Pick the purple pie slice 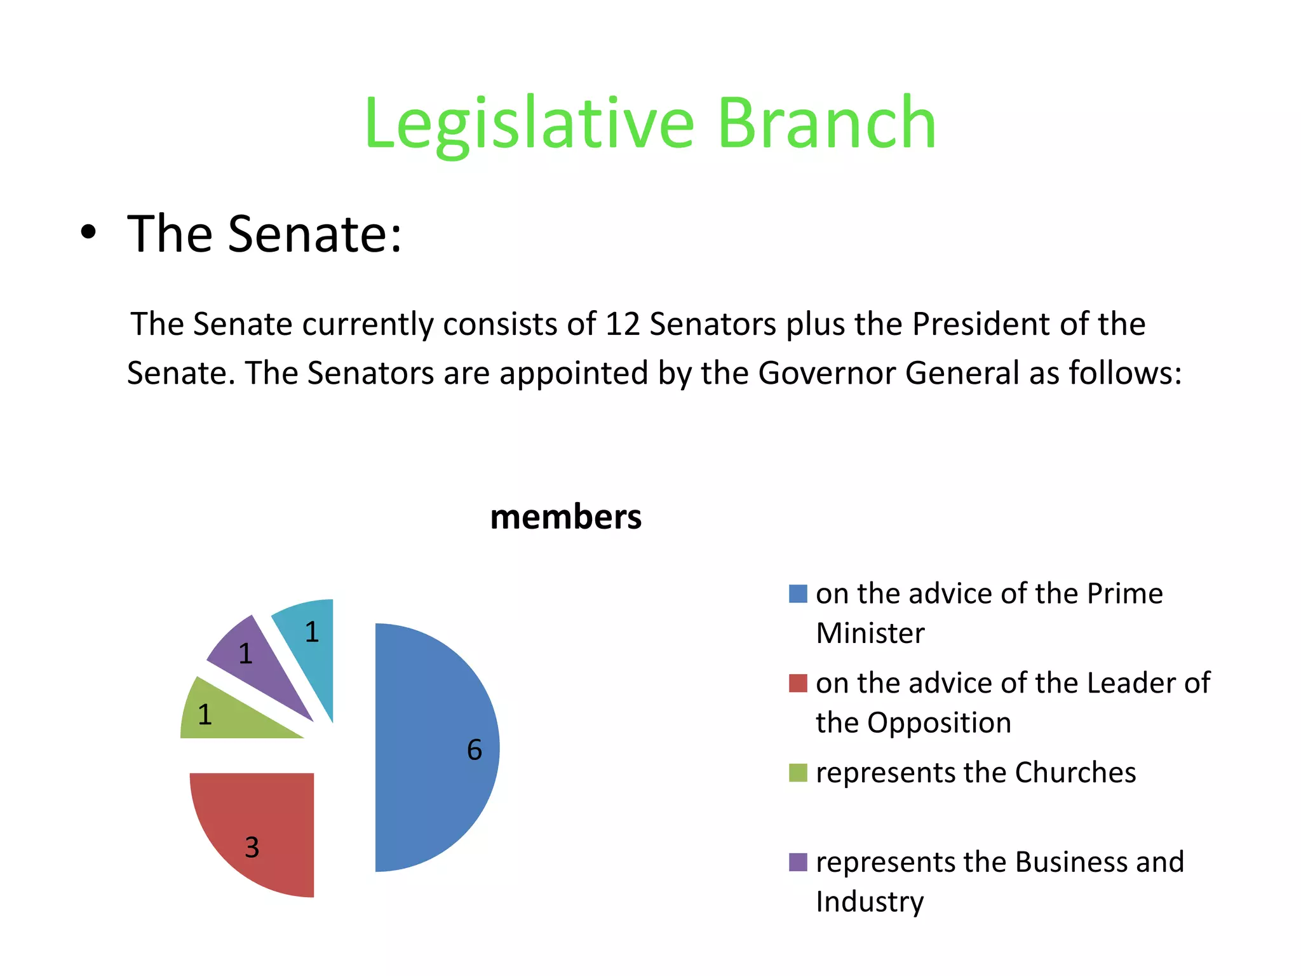point(260,667)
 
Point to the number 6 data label point(475,750)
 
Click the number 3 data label point(252,848)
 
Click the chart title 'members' point(565,517)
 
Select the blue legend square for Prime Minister point(798,594)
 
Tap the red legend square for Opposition point(798,684)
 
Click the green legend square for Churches point(798,773)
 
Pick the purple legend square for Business point(798,862)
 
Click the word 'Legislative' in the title point(529,123)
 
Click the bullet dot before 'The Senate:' point(89,233)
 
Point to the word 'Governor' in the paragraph point(826,373)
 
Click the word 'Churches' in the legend point(1075,773)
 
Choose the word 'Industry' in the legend point(870,902)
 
